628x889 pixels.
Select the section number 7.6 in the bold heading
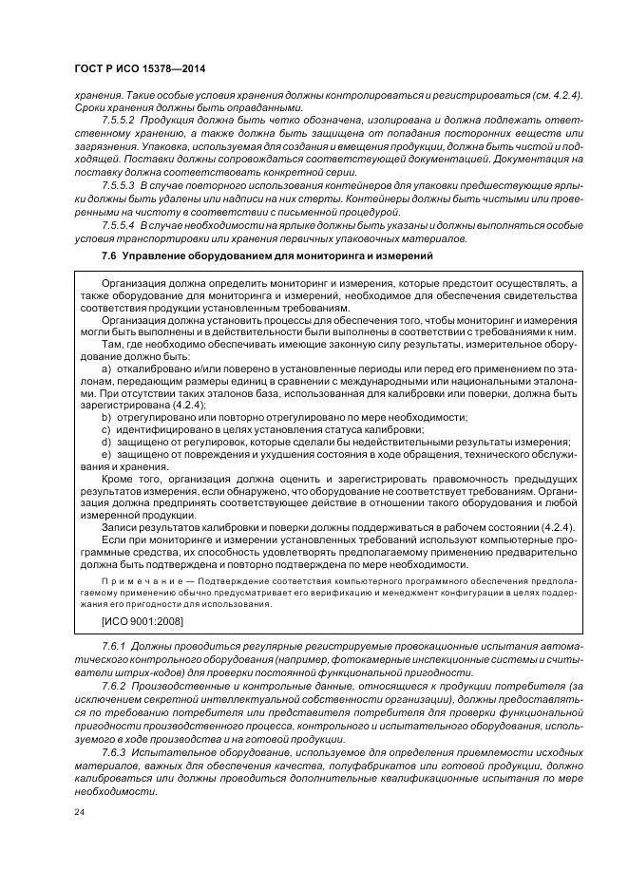tap(107, 256)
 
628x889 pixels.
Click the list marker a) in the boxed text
tap(105, 366)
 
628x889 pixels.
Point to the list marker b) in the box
tap(105, 417)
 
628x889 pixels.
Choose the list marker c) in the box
tap(105, 429)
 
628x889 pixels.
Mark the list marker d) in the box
tap(105, 442)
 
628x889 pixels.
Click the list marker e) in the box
tap(105, 454)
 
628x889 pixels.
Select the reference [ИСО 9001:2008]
tap(143, 621)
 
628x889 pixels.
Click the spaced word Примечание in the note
tap(132, 578)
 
